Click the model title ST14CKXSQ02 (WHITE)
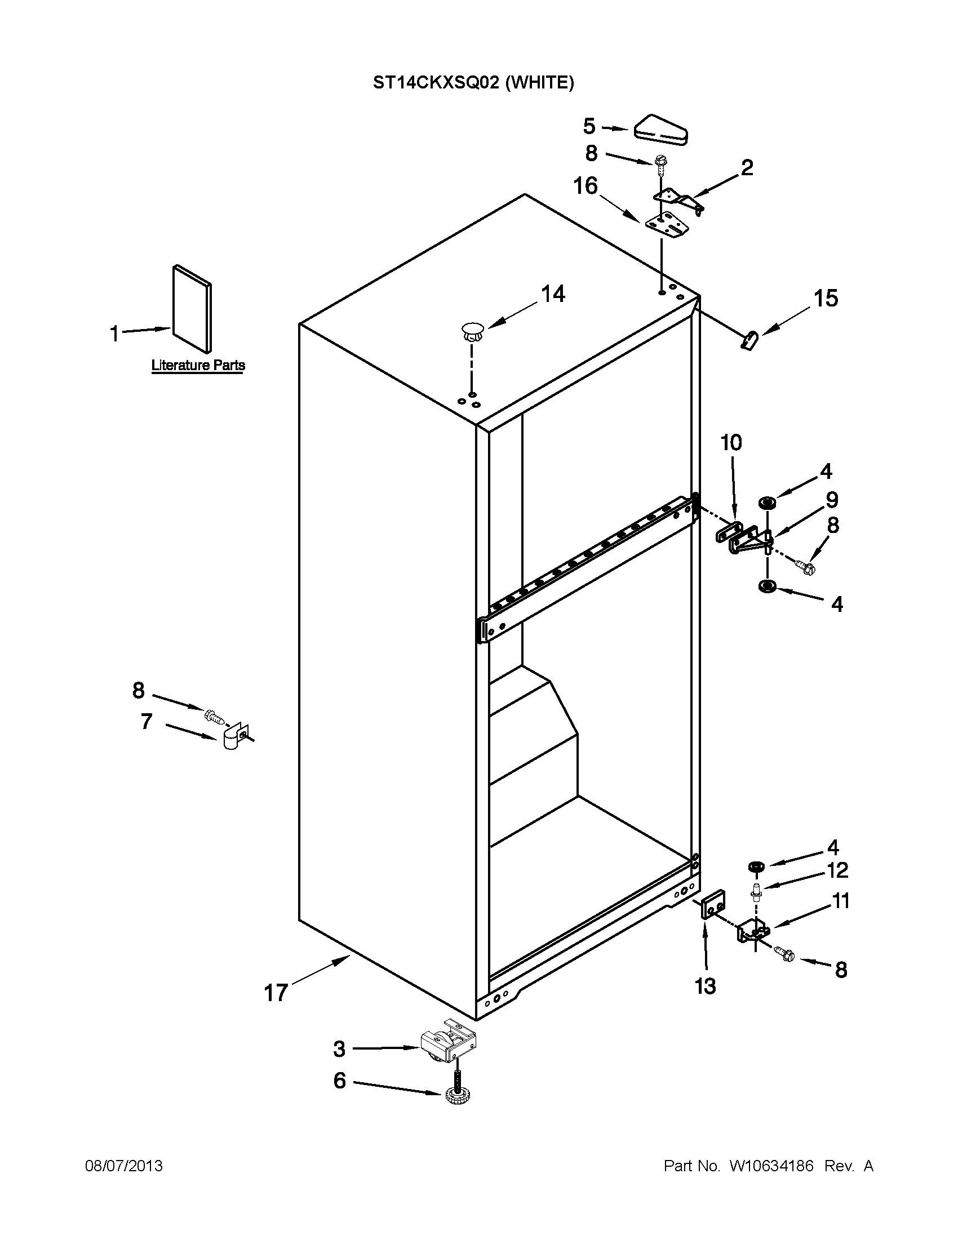(x=473, y=83)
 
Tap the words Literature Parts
(x=198, y=365)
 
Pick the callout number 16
(x=586, y=186)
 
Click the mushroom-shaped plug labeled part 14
(x=472, y=331)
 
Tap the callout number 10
(x=731, y=442)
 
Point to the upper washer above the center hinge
(x=768, y=503)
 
